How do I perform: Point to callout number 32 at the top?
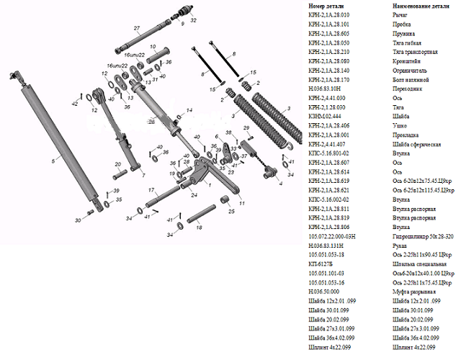(192, 21)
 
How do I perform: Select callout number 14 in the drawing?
(189, 110)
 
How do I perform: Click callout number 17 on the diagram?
(151, 189)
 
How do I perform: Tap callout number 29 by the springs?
(246, 127)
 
